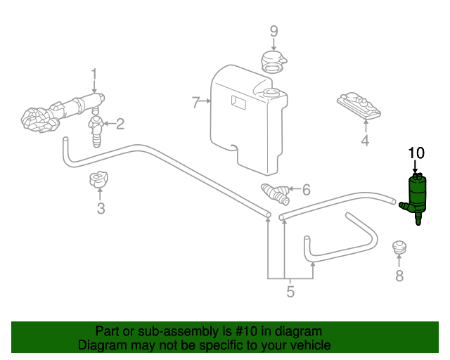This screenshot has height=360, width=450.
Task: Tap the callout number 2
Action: tap(120, 124)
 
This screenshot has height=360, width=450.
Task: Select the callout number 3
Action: tap(101, 208)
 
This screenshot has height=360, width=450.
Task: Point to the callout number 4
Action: tap(365, 141)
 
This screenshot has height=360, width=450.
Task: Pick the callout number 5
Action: tap(290, 292)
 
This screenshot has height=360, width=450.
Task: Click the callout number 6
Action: tap(307, 190)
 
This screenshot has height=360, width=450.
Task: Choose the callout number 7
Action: tap(195, 102)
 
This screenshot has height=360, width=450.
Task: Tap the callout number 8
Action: tap(399, 276)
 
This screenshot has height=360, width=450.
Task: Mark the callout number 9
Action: tap(274, 32)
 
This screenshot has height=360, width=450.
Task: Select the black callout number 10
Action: tap(416, 153)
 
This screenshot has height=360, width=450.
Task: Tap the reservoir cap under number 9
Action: tap(274, 62)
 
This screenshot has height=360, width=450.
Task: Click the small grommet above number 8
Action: tap(399, 247)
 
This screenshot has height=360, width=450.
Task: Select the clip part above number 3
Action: tap(98, 179)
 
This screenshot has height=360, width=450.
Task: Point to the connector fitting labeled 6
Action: tap(276, 194)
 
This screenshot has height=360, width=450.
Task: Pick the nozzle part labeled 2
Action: tap(96, 131)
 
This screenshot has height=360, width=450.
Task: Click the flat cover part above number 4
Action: tap(359, 105)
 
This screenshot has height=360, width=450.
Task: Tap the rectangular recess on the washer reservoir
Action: tap(238, 103)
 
